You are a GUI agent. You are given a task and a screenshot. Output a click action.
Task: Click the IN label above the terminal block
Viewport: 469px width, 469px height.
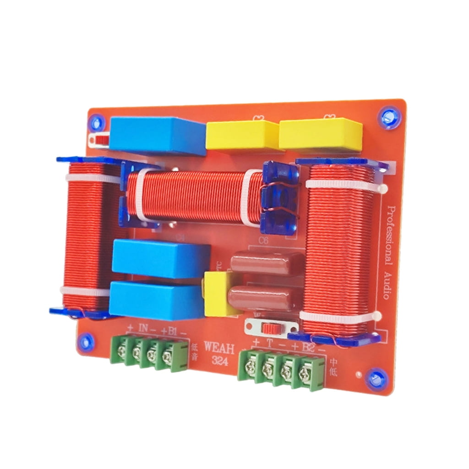[143, 329]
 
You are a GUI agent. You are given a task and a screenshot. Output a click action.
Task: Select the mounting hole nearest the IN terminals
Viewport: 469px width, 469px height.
[86, 341]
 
